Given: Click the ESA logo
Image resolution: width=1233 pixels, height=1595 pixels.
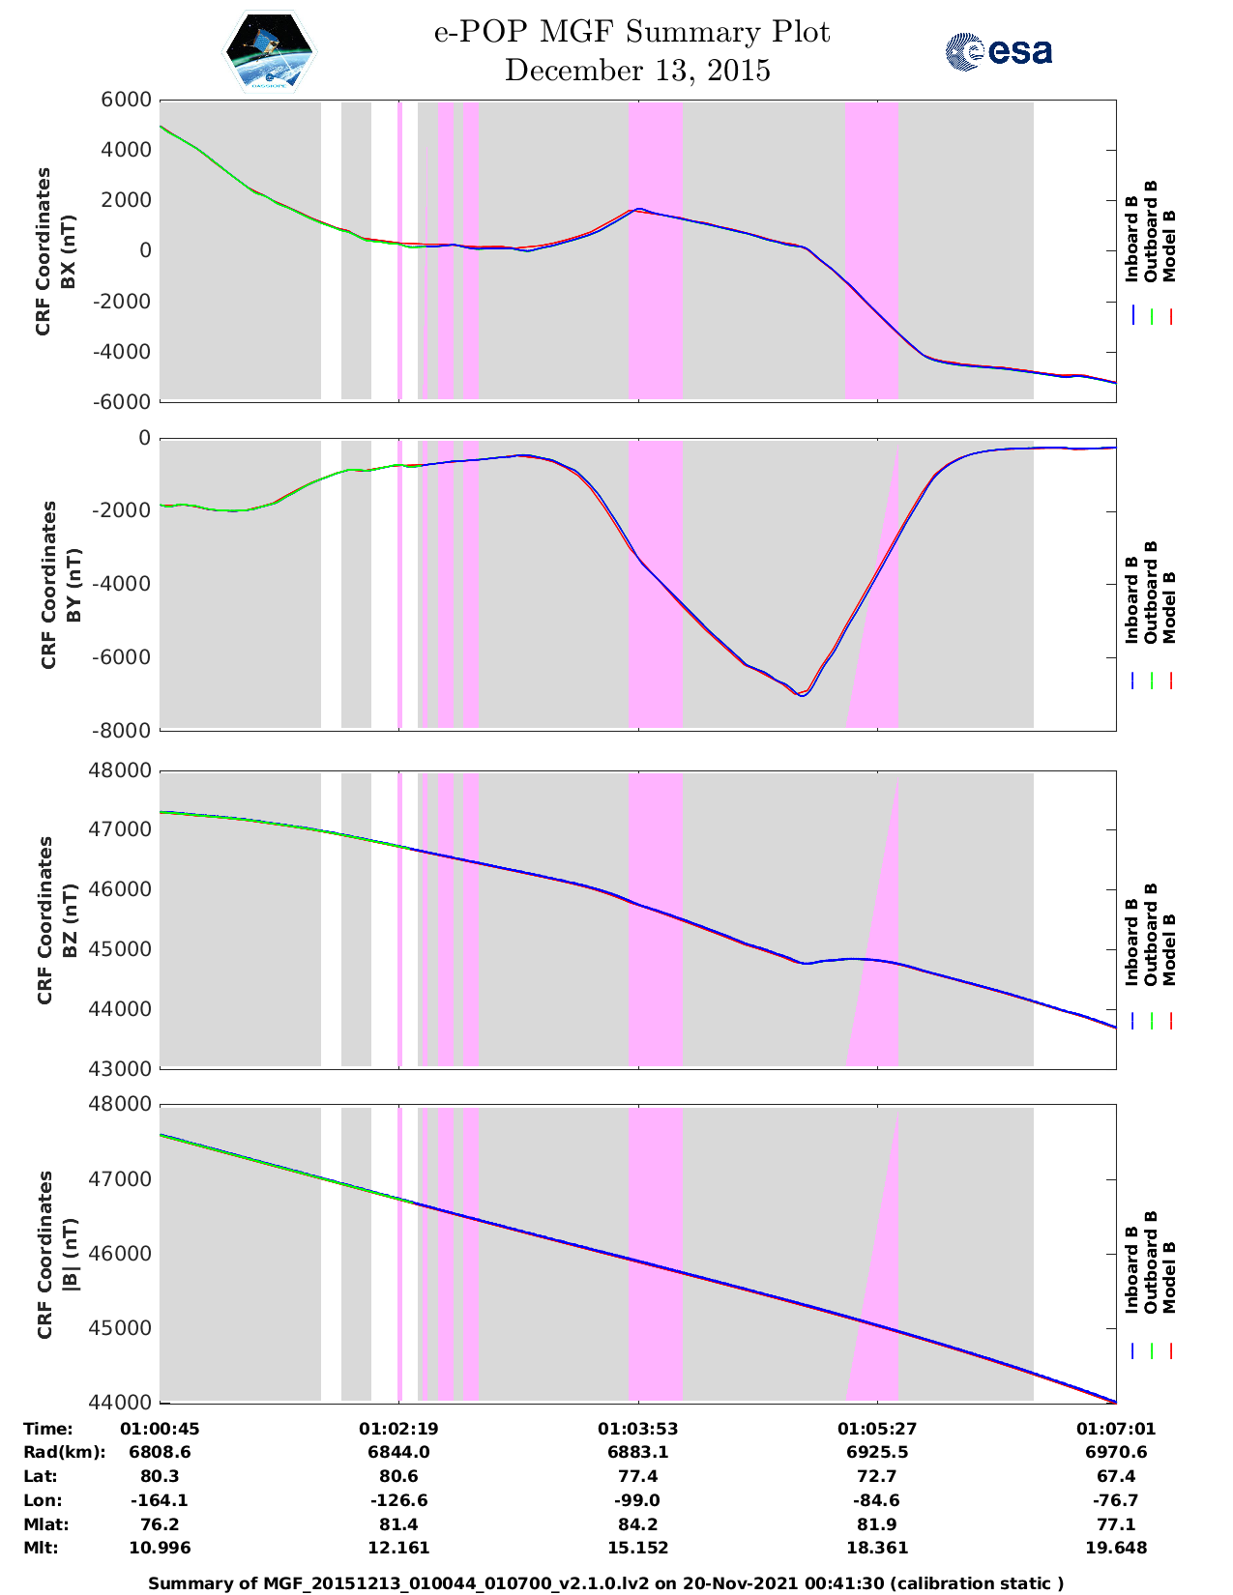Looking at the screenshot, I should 998,51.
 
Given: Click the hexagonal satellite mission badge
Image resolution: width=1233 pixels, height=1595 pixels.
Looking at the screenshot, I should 270,51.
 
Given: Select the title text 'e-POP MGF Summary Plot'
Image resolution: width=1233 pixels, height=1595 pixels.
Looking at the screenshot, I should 631,32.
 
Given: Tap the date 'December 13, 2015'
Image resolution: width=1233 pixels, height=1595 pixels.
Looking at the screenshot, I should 637,71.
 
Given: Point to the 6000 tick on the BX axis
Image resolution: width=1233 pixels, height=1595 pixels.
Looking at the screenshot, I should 127,100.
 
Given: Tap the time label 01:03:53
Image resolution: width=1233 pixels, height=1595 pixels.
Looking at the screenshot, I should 638,1429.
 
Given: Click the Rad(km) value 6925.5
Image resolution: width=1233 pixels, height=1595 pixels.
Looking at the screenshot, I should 877,1452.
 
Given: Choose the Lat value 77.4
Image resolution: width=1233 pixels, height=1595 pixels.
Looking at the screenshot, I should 638,1476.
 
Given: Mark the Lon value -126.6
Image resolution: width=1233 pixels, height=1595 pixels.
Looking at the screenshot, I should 399,1500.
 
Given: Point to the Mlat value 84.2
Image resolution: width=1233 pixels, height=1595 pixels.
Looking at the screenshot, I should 638,1524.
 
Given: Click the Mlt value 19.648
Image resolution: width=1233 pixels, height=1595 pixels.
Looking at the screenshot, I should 1116,1548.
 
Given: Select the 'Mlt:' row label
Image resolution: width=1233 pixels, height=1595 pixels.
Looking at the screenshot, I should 41,1548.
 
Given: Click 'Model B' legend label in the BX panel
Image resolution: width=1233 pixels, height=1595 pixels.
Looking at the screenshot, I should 1169,246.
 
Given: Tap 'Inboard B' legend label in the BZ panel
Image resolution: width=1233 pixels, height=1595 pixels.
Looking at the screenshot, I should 1131,942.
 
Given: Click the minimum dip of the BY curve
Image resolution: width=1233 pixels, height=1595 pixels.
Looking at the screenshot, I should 802,695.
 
